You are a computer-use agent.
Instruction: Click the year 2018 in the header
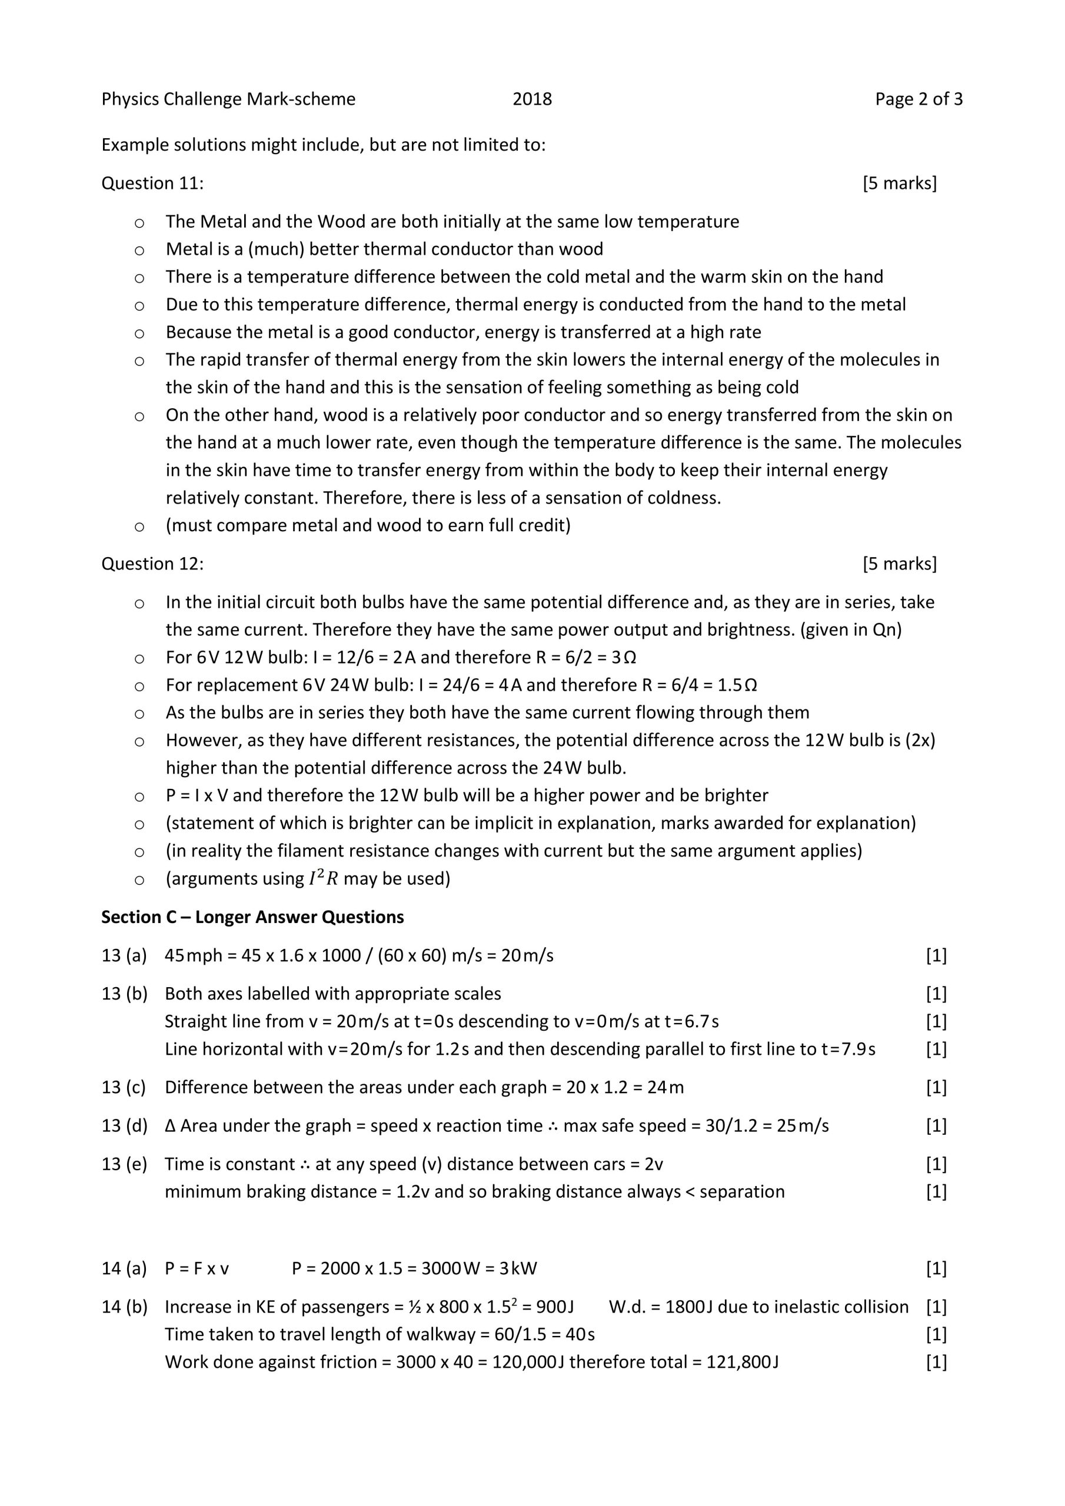531,99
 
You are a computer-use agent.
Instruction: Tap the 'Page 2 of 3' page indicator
918,99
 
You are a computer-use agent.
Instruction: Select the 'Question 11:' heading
152,183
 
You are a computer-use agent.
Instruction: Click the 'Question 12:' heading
152,564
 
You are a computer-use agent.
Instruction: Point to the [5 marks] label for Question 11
900,183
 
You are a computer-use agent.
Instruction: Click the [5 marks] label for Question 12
900,564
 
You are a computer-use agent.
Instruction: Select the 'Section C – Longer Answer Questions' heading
252,917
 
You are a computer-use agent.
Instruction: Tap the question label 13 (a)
124,956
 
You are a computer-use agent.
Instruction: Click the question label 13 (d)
124,1125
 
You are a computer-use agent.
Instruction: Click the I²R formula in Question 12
323,878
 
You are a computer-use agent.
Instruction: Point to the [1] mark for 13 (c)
936,1087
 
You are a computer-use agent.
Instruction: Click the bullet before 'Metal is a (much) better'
139,250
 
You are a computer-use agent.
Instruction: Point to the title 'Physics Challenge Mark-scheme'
228,99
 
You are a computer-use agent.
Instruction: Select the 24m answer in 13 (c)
665,1087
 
